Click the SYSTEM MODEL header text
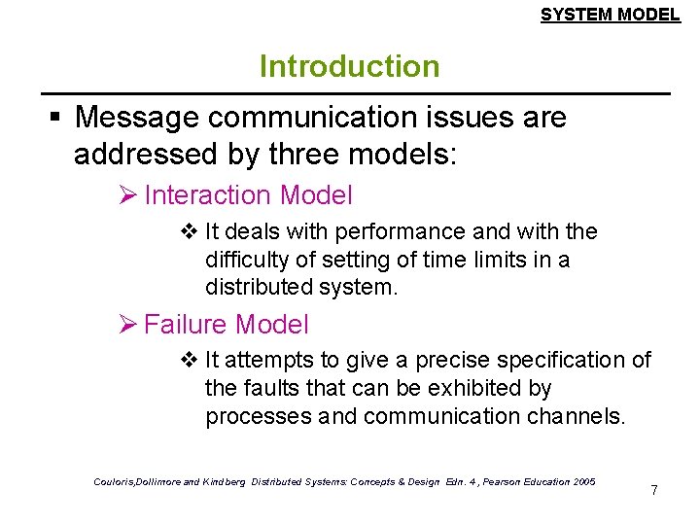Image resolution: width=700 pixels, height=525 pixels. (x=610, y=15)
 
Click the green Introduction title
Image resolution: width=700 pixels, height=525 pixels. (x=349, y=67)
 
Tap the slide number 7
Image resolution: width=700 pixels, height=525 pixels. (x=654, y=490)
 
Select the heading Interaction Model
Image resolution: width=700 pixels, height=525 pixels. (x=248, y=195)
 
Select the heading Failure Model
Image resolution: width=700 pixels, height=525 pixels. (x=226, y=324)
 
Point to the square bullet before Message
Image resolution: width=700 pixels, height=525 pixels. (x=55, y=119)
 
